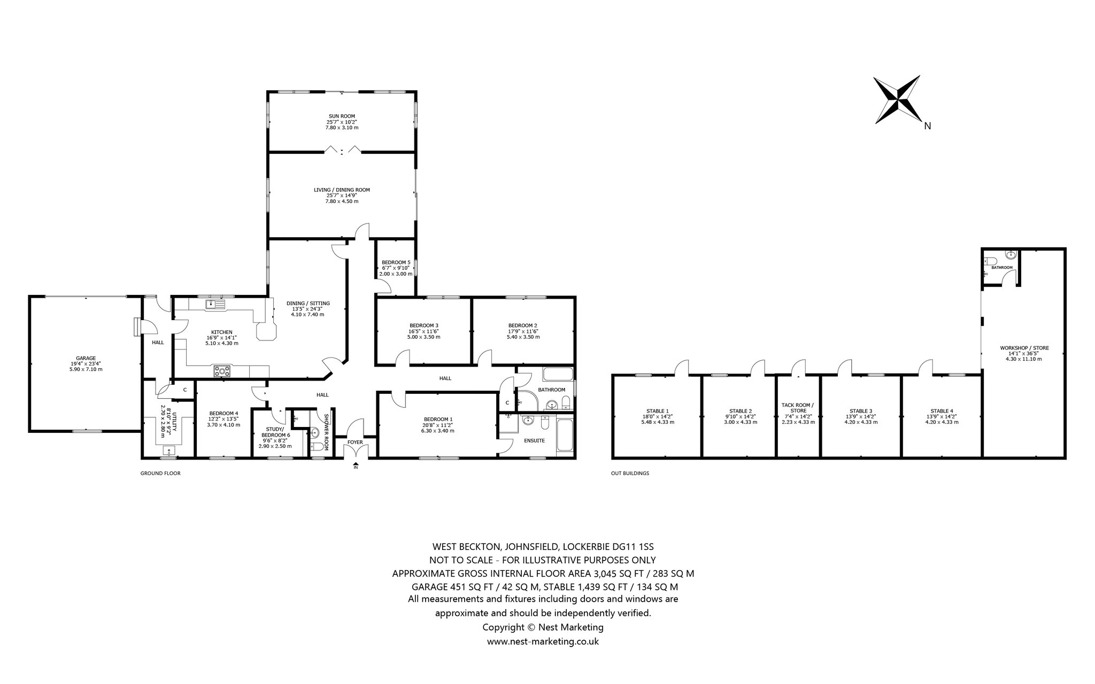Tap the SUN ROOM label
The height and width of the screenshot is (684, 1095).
pyautogui.click(x=342, y=116)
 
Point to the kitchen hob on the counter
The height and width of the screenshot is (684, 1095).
pyautogui.click(x=221, y=371)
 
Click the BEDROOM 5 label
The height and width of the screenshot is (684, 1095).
pyautogui.click(x=396, y=262)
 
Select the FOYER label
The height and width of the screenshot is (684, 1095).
pyautogui.click(x=355, y=442)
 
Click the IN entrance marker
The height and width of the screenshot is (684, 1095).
pyautogui.click(x=356, y=468)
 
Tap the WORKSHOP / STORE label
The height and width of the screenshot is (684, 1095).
pyautogui.click(x=1024, y=348)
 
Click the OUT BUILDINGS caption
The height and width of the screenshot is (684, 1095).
pyautogui.click(x=630, y=473)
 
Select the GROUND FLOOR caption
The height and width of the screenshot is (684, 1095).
pyautogui.click(x=160, y=473)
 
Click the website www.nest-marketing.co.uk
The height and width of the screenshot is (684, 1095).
pyautogui.click(x=543, y=641)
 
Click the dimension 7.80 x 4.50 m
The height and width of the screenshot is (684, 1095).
pyautogui.click(x=342, y=201)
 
